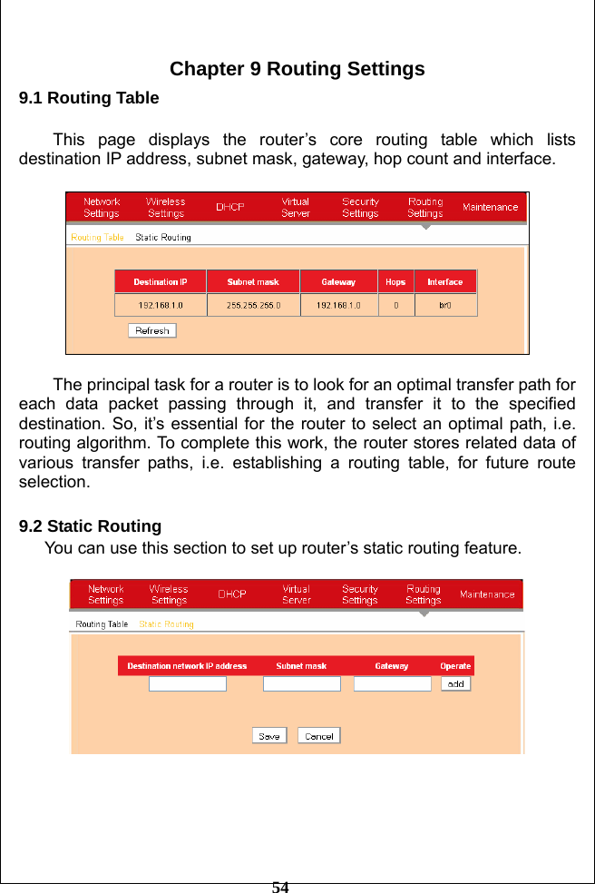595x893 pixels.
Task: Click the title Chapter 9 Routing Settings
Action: coord(297,70)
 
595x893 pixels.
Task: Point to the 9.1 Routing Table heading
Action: coord(89,98)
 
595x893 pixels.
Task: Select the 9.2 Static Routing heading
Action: coord(91,526)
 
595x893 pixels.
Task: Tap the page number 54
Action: coord(280,887)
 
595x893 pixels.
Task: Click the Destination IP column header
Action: coord(161,282)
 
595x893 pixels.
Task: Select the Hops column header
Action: coord(395,282)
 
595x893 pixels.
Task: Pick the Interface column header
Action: coord(444,282)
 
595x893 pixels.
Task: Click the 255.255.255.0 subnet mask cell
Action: coord(253,306)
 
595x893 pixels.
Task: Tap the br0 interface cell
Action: coord(444,306)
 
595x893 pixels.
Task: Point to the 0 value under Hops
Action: coord(395,306)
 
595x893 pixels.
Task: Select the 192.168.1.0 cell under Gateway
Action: coord(338,306)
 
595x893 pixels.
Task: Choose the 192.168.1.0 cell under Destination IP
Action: coord(161,306)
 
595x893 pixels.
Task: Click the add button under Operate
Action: coord(455,684)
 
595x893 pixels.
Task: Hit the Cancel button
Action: coord(318,736)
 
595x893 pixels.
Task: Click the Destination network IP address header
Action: coord(187,666)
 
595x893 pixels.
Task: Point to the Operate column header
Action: coord(455,666)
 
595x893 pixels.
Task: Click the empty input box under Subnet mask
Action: coord(301,684)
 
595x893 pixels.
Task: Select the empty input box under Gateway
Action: coord(392,684)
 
